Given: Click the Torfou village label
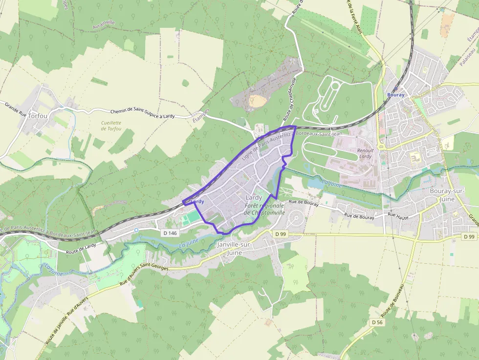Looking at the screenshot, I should pos(38,116).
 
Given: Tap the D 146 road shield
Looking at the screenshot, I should pos(170,233).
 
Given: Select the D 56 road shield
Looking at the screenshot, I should pos(376,322).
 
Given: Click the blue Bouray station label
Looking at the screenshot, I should pos(395,95).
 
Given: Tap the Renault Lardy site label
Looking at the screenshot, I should pos(365,153).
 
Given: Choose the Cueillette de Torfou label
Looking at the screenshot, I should pos(111,126).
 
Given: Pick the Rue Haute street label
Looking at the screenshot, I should pos(398,214).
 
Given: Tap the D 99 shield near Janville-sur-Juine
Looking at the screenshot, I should pos(280,234).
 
